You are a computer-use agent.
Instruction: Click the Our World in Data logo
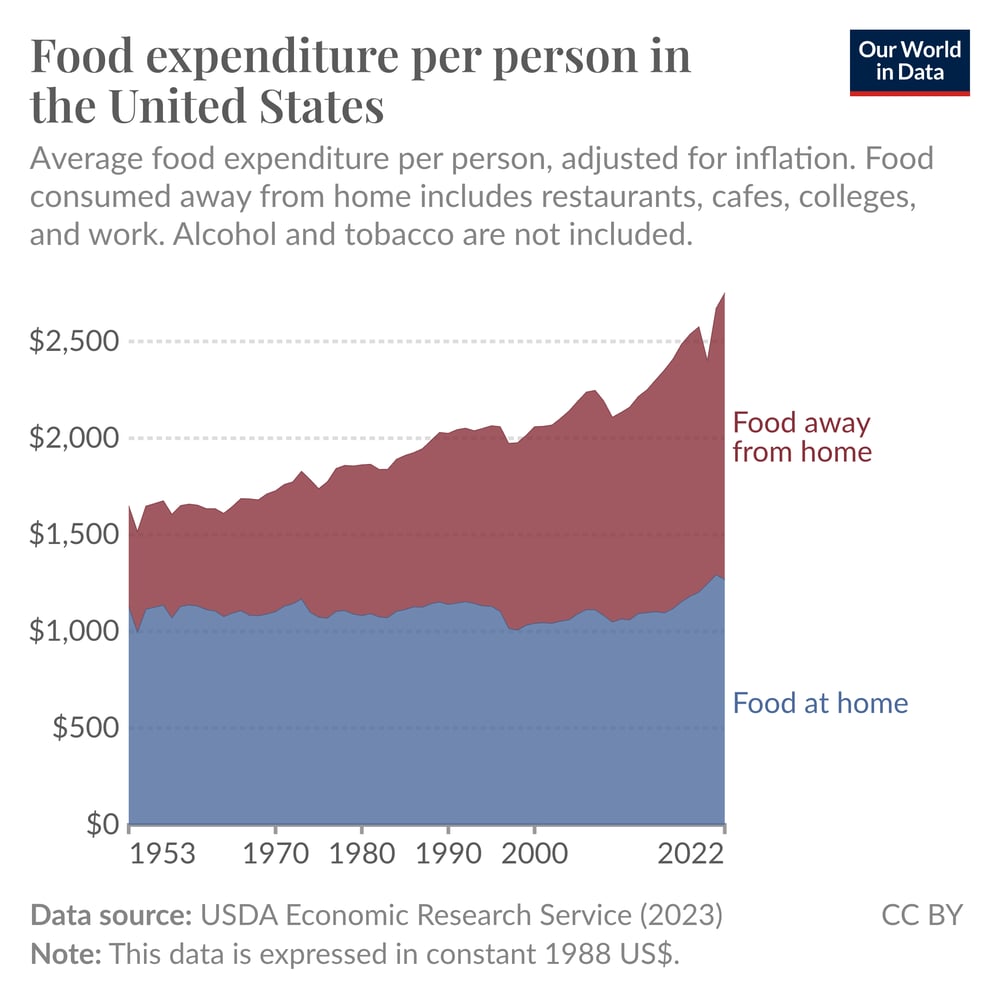pos(909,63)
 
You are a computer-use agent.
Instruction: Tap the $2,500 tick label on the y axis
pos(75,342)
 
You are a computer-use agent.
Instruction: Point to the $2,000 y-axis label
pos(75,439)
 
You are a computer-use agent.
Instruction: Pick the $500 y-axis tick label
pos(85,729)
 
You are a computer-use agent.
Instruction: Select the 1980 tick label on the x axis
pos(361,857)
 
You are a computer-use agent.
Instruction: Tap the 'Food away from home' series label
pos(802,437)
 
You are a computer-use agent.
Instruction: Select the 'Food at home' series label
pos(820,703)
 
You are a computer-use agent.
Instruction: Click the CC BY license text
pos(921,915)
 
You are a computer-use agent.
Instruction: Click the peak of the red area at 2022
pos(724,293)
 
